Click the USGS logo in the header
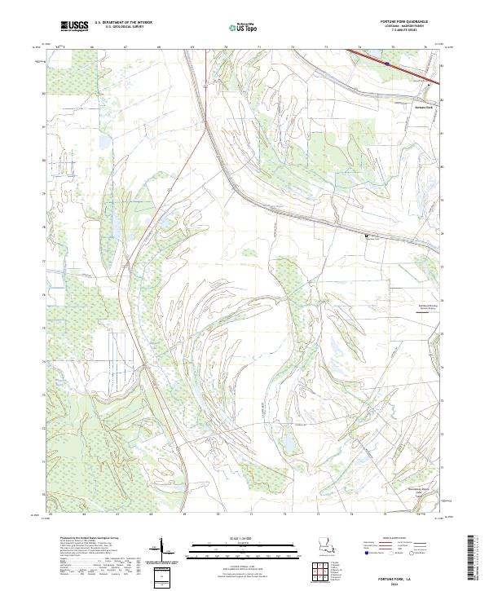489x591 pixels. point(74,26)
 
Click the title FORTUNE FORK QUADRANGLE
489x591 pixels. point(403,21)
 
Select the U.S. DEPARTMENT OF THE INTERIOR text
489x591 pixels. point(123,22)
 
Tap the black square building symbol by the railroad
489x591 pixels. point(366,236)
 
